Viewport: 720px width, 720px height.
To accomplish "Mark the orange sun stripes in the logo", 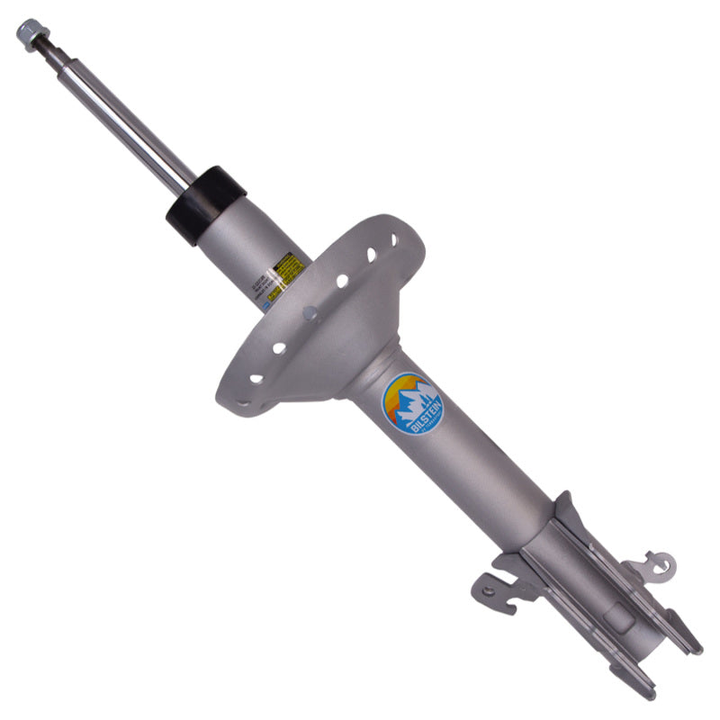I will tap(396, 396).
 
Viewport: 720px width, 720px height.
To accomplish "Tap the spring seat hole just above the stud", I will tap(342, 281).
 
